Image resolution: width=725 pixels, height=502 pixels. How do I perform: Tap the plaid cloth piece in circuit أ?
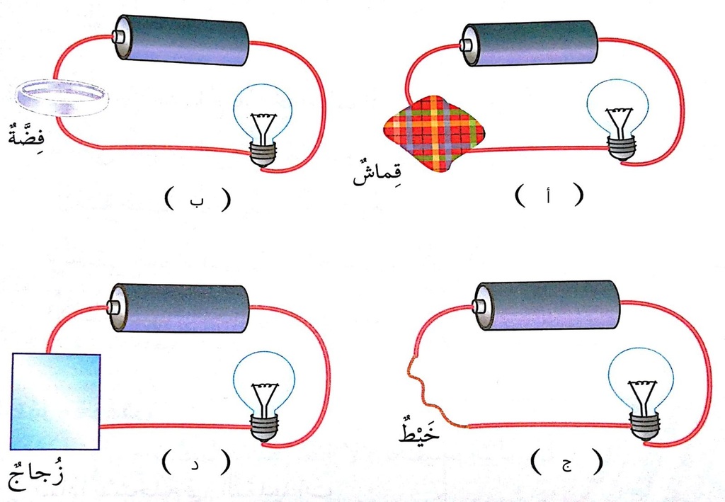tap(434, 134)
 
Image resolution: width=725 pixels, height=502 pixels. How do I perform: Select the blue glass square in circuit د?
tap(55, 401)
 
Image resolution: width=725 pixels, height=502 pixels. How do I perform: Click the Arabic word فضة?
tap(28, 134)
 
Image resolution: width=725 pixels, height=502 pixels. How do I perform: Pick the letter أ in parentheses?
tap(549, 196)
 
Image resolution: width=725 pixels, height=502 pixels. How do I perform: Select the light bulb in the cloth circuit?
tap(617, 120)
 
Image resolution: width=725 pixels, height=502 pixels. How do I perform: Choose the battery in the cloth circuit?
tap(529, 43)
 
